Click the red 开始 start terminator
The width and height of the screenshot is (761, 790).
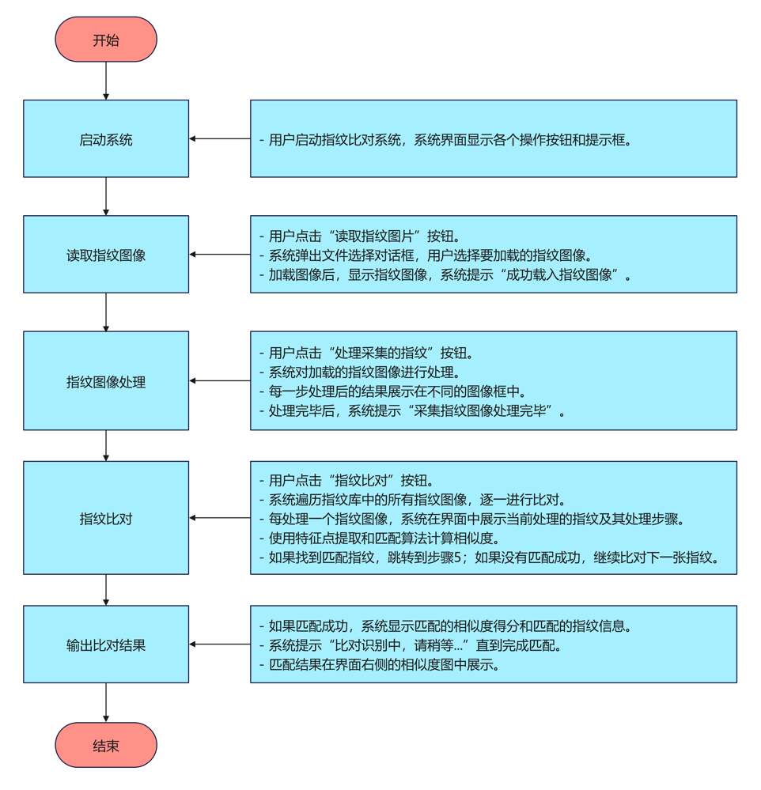[x=106, y=40]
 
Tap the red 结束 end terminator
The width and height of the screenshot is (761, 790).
[x=106, y=745]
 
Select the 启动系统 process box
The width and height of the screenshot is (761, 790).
[x=106, y=139]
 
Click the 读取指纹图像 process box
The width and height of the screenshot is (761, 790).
[x=106, y=255]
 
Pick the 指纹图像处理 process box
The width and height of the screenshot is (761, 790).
[x=106, y=381]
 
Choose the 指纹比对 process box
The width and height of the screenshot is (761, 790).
[x=106, y=518]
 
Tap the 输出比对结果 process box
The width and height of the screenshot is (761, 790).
[x=106, y=644]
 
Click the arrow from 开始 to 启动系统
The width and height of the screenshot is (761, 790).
[x=106, y=81]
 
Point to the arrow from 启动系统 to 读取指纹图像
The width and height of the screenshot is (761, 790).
[x=106, y=196]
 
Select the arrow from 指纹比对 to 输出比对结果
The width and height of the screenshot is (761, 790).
[x=106, y=590]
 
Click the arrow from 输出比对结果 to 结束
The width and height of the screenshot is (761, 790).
[x=106, y=702]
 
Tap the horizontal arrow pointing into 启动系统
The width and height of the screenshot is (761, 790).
[x=220, y=139]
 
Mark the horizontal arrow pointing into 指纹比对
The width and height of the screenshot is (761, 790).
[x=220, y=518]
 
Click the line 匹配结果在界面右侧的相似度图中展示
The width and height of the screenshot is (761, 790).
[x=380, y=664]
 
